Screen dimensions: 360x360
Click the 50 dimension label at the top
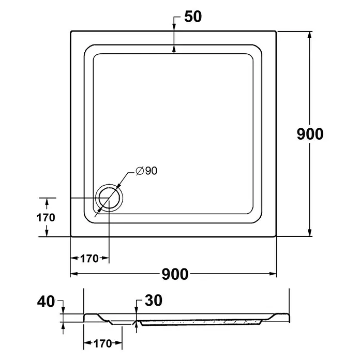193,17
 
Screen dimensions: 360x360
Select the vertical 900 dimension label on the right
310,134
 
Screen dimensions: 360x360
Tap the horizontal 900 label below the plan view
175,274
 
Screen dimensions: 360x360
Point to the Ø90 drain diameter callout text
146,171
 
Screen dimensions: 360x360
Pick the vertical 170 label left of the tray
46,217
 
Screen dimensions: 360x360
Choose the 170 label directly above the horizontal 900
89,259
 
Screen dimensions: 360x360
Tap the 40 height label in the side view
46,302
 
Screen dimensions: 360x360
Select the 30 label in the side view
154,301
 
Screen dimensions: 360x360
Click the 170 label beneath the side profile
102,343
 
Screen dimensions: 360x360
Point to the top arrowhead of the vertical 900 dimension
310,35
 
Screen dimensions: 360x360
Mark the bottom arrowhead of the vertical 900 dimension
310,233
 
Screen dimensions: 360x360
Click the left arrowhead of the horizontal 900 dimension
74,274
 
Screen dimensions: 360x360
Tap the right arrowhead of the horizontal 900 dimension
273,274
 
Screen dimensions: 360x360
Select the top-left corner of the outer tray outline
71,31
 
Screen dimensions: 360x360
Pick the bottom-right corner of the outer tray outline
276,236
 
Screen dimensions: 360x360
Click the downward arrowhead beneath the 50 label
174,27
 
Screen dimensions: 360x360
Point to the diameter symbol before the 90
140,171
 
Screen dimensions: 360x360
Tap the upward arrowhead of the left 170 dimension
47,203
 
